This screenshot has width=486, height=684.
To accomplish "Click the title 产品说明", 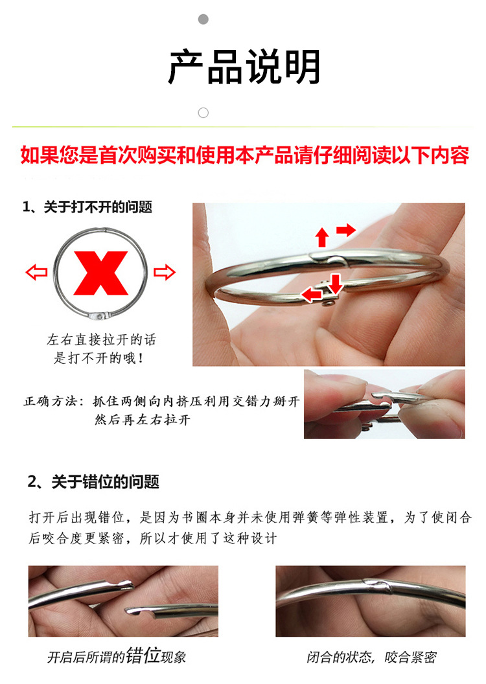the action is pyautogui.click(x=244, y=67).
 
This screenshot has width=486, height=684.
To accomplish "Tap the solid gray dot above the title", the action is pyautogui.click(x=203, y=19).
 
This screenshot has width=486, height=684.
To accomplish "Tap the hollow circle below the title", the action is pyautogui.click(x=203, y=113).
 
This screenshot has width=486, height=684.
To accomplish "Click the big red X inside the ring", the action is pyautogui.click(x=101, y=273).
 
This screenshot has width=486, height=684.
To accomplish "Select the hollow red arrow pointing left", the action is pyautogui.click(x=37, y=272).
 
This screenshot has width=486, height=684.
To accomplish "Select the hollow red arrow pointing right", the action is pyautogui.click(x=165, y=272).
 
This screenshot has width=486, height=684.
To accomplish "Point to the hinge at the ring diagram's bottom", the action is pyautogui.click(x=100, y=316).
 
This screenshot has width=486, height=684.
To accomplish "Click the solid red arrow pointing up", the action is pyautogui.click(x=322, y=237).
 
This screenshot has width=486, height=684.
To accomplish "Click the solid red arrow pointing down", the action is pyautogui.click(x=335, y=284).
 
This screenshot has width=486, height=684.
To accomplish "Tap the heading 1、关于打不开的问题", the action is pyautogui.click(x=87, y=207).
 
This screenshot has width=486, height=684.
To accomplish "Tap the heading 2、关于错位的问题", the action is pyautogui.click(x=93, y=482).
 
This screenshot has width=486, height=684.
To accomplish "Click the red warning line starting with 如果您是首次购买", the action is pyautogui.click(x=245, y=155).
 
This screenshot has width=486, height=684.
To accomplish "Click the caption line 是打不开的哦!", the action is pyautogui.click(x=99, y=358).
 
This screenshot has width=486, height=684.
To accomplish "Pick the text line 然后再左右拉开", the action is pyautogui.click(x=143, y=420).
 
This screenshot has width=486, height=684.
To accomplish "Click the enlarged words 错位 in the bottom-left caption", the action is pyautogui.click(x=143, y=655).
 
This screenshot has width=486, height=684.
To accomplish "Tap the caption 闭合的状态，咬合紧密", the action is pyautogui.click(x=371, y=657).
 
